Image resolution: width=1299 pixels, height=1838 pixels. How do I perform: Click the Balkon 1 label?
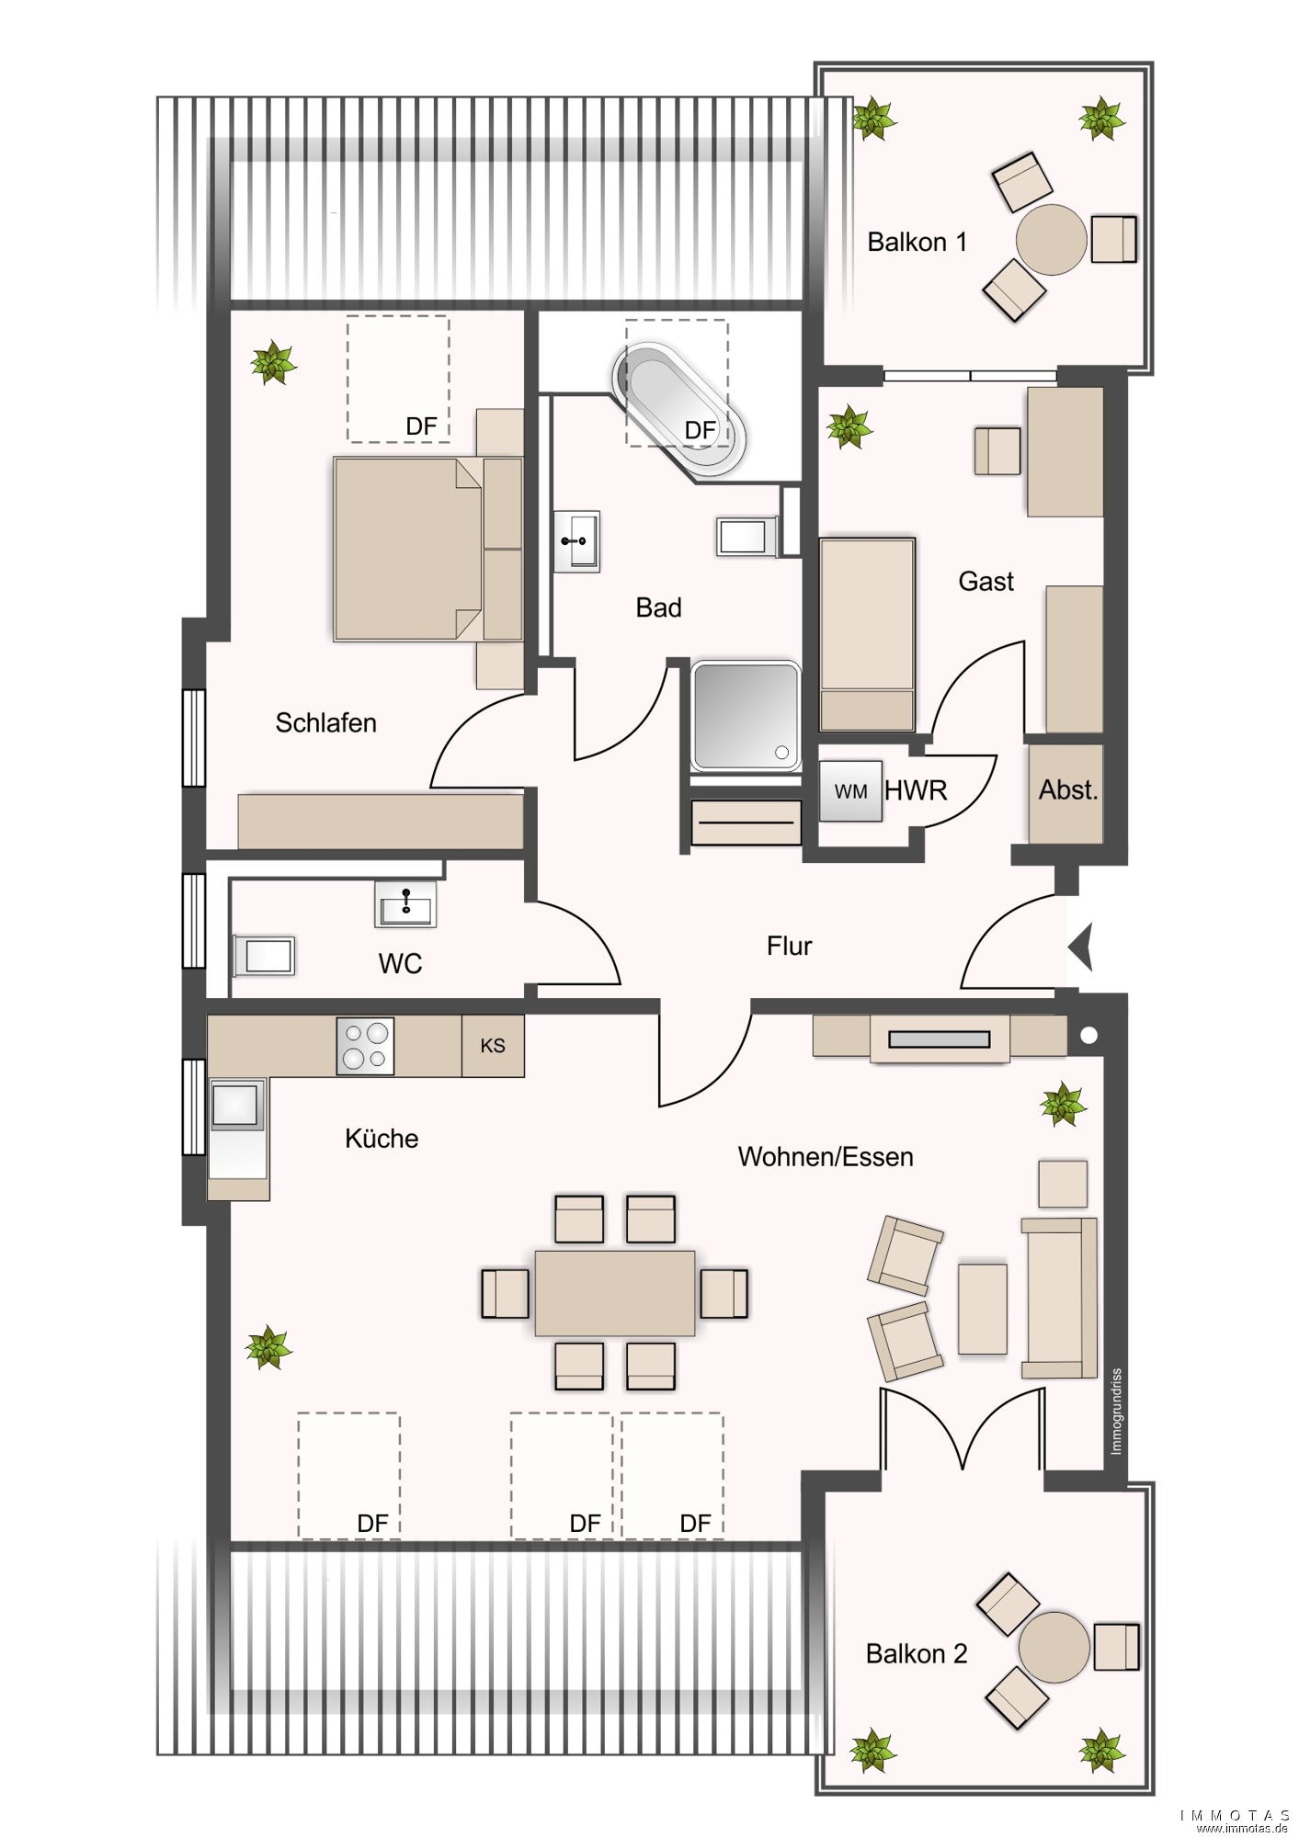[917, 243]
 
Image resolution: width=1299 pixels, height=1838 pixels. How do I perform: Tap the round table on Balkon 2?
[1054, 1647]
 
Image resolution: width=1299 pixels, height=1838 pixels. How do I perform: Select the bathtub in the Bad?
[679, 410]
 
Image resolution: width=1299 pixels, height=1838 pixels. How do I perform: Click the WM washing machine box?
[850, 790]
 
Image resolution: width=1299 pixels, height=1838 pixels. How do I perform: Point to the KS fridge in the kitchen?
[493, 1046]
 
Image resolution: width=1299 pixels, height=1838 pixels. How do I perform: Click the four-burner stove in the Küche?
[365, 1046]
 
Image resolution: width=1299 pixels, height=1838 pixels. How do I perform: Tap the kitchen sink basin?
[236, 1104]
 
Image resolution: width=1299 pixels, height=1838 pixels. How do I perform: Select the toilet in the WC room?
[264, 956]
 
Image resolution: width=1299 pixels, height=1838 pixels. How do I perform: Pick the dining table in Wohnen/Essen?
[615, 1293]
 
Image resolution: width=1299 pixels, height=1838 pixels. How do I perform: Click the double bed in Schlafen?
[428, 549]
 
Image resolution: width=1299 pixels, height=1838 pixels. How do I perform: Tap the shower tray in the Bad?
[746, 715]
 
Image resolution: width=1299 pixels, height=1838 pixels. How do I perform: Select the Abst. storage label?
[1068, 790]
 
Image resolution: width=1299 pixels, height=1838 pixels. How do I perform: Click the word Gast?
[986, 582]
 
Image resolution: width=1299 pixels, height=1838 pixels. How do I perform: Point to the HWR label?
[916, 790]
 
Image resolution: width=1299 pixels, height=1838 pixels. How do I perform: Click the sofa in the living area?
[1059, 1298]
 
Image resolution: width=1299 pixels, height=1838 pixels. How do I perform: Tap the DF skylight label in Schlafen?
[421, 426]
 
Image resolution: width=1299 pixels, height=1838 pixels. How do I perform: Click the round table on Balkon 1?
[1051, 240]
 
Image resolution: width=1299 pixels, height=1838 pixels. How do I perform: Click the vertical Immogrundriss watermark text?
[1116, 1412]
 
